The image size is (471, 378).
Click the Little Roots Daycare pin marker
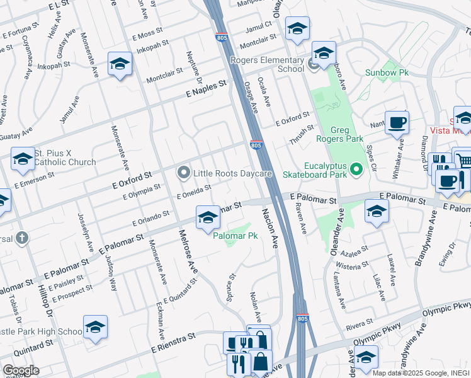coord(183,173)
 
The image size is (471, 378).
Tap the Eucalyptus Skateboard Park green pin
coord(356,169)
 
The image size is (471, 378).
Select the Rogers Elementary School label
coord(268,64)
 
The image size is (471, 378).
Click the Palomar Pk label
coord(235,236)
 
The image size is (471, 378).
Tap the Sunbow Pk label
coord(387,73)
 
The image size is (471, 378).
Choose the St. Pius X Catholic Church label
coord(65,157)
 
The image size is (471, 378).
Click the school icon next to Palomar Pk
coord(208,218)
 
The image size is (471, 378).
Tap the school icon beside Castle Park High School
coord(95,327)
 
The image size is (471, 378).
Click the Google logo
coord(21,370)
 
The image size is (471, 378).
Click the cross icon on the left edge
coord(21,238)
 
